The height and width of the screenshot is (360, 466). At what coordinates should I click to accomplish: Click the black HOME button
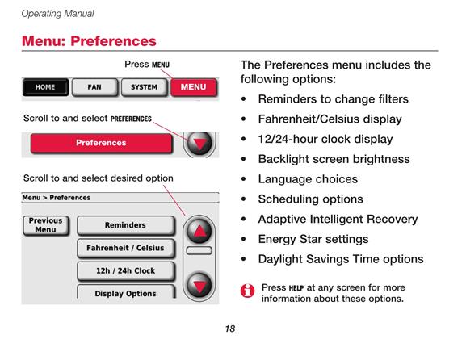tap(45, 87)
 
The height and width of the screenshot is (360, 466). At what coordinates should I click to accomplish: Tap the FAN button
tap(94, 87)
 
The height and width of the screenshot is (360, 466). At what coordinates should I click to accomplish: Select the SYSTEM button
tap(144, 87)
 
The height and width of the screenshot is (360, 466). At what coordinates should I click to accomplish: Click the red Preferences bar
tap(101, 143)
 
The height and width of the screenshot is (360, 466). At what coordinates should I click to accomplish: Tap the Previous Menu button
tap(46, 225)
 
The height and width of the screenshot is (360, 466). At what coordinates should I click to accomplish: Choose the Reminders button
tap(125, 225)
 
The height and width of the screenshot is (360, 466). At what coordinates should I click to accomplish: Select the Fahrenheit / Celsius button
tap(125, 248)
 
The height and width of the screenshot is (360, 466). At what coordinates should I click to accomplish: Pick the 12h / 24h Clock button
tap(125, 271)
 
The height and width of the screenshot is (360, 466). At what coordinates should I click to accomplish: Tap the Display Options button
tap(125, 292)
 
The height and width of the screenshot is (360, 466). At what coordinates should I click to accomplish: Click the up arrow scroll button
tap(199, 231)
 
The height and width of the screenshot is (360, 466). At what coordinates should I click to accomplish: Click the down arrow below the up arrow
tap(199, 286)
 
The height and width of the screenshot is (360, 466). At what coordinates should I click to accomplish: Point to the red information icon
tap(248, 291)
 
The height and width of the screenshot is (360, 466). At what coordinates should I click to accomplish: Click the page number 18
tap(230, 329)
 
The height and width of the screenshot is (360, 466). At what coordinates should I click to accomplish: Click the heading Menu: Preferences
tap(89, 41)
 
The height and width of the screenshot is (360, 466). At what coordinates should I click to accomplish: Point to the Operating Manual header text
tap(57, 14)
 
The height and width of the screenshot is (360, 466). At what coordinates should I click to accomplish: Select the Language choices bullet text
tap(308, 179)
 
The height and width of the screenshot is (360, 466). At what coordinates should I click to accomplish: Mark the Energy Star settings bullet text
tap(313, 239)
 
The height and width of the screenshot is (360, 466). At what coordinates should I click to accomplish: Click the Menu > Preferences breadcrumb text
tap(57, 198)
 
